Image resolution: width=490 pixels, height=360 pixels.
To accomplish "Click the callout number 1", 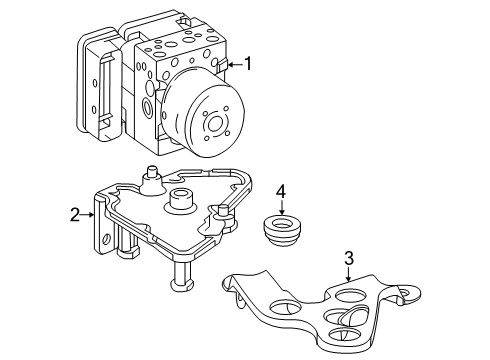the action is (x=248, y=64).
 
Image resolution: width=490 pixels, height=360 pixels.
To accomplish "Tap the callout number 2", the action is (x=75, y=215).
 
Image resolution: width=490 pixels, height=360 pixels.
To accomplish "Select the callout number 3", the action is (x=348, y=258).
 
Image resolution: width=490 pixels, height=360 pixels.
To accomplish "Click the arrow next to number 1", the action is (x=235, y=64).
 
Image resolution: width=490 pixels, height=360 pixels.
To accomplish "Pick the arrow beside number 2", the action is (x=88, y=215).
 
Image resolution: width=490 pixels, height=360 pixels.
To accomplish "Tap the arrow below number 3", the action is (x=348, y=274).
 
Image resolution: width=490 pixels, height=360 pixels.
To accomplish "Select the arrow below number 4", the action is (x=282, y=207).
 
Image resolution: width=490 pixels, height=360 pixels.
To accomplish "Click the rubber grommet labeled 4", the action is (x=282, y=231).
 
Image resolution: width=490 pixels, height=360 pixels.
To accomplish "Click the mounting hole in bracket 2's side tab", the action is (x=106, y=239).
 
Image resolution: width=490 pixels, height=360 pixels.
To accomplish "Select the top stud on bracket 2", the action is (x=152, y=174).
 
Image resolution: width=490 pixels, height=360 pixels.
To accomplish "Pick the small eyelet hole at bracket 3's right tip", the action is (x=405, y=292).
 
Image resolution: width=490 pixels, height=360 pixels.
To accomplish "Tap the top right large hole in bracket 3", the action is (x=351, y=296).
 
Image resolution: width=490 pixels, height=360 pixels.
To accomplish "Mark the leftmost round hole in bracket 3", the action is (x=284, y=307).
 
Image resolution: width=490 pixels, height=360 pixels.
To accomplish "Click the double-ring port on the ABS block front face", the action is (x=146, y=106).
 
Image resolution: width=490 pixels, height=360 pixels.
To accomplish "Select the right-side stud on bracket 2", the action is (x=222, y=211).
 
